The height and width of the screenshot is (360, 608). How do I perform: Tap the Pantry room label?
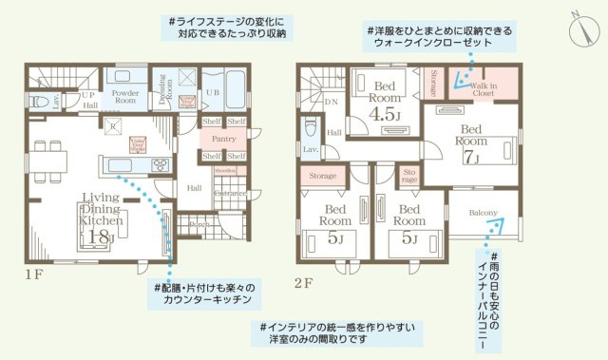coord(224,139)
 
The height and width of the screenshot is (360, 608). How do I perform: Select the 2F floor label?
coord(303,282)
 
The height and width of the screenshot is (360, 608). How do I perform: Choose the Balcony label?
coord(483,213)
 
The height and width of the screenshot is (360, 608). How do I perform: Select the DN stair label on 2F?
coord(332,100)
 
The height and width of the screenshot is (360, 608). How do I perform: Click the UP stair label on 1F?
coord(87,95)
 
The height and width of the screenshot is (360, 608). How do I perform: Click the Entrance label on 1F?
coord(228,193)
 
